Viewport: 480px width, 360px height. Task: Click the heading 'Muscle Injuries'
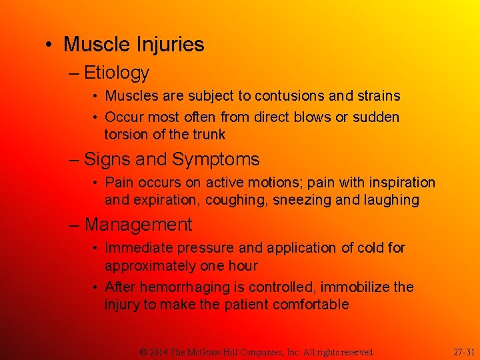point(133,45)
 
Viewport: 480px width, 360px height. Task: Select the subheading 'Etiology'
point(116,72)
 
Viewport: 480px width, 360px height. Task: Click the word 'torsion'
point(126,135)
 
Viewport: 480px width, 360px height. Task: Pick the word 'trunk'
point(209,135)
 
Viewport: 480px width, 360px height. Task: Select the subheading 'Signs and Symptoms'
point(172,159)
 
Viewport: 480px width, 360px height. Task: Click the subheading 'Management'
point(138,225)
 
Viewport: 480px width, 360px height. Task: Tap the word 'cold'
point(368,248)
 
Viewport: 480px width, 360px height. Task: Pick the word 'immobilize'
point(356,287)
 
